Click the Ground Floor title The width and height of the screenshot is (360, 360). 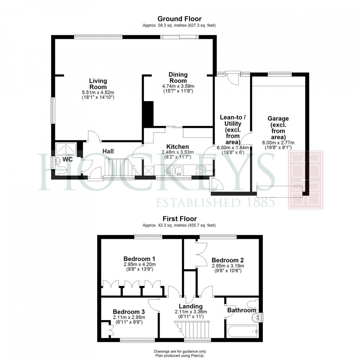click(x=179, y=19)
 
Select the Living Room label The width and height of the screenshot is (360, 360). click(x=98, y=84)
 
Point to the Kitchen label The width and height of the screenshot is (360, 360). click(x=177, y=147)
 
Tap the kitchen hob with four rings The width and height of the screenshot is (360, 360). click(x=201, y=171)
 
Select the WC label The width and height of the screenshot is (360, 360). click(x=67, y=159)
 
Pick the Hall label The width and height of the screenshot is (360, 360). click(x=108, y=151)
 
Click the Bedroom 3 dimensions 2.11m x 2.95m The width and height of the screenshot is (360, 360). click(x=129, y=317)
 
